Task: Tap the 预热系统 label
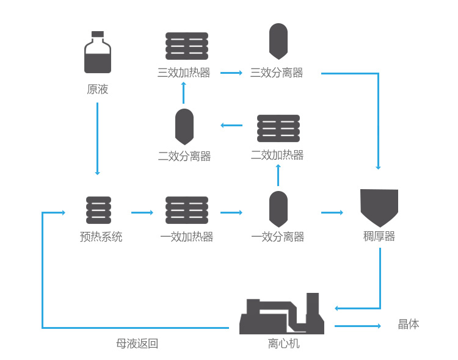pos(101,237)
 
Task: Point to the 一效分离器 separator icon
pos(278,209)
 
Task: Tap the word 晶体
pos(409,324)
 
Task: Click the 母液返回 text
pos(137,344)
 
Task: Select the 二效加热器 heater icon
pos(278,129)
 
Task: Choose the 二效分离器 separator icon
pos(184,126)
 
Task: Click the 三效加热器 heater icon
pos(187,46)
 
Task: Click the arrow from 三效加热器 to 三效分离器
pos(231,73)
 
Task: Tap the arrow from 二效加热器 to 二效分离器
pos(231,126)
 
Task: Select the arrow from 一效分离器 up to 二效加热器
pos(278,175)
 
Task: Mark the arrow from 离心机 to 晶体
pos(358,326)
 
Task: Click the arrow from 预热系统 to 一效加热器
pos(142,212)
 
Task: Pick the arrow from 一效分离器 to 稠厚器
pos(332,212)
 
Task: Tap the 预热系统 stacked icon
pos(99,211)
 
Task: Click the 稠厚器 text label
pos(379,236)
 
